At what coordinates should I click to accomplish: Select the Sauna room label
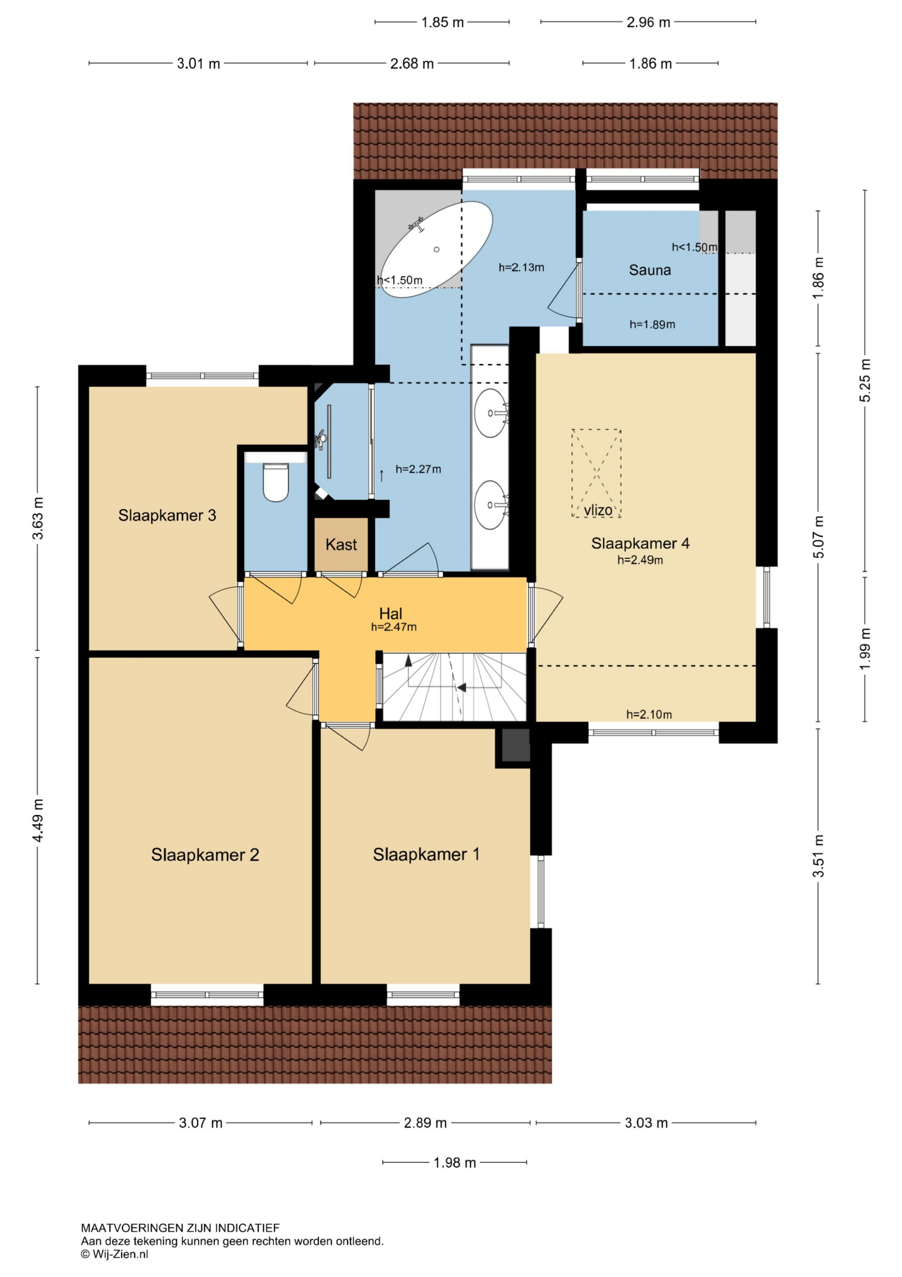pos(650,270)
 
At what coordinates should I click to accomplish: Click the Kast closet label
pos(341,544)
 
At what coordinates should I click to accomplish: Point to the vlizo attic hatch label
pos(598,510)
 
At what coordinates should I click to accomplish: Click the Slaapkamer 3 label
pos(167,515)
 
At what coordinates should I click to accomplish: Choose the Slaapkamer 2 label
pos(205,855)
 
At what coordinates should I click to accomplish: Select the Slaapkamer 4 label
pos(640,543)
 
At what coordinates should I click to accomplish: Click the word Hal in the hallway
pos(391,614)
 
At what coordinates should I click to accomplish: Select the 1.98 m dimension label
pos(454,1162)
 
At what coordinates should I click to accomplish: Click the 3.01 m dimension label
pos(198,64)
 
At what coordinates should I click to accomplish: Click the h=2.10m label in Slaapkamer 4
pos(649,715)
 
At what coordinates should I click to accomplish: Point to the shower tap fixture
pos(321,439)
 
